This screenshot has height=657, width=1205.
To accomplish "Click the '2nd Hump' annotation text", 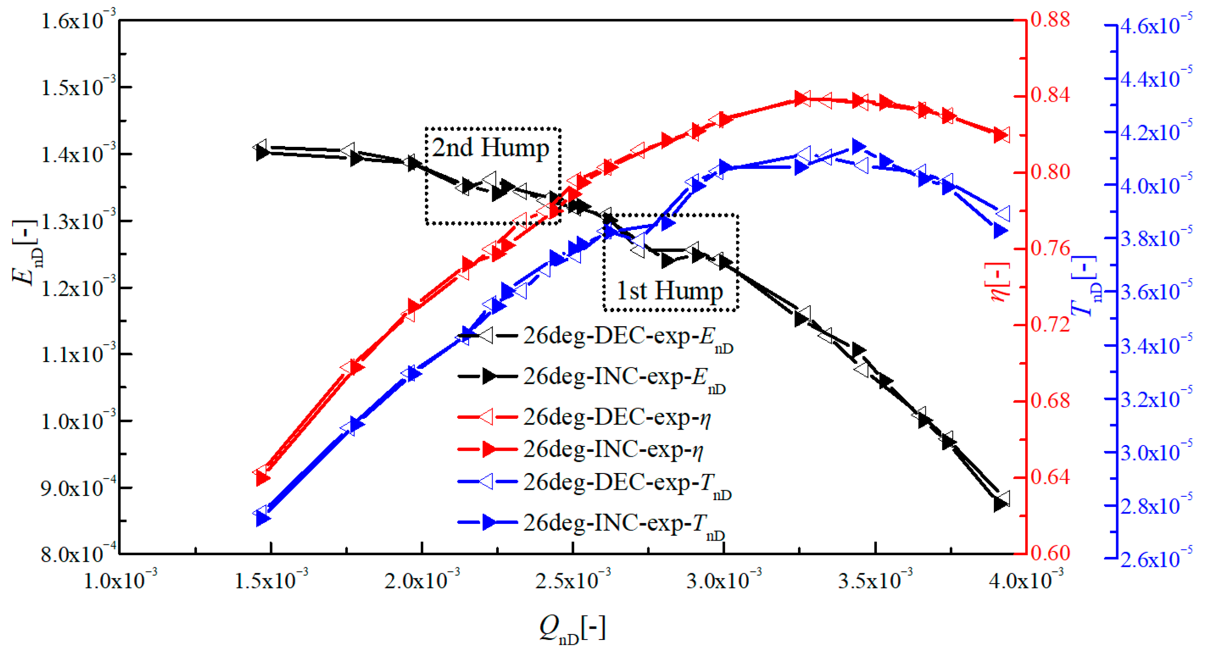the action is (x=490, y=148).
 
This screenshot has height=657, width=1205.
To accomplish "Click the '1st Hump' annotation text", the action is (x=669, y=291).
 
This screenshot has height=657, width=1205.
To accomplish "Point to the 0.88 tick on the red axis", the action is (x=1050, y=20).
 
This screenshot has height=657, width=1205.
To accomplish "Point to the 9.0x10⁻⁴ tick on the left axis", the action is (x=78, y=487).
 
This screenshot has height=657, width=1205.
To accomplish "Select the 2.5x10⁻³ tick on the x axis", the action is (x=573, y=579).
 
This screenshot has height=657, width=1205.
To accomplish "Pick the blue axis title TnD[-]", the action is (x=1086, y=286).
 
